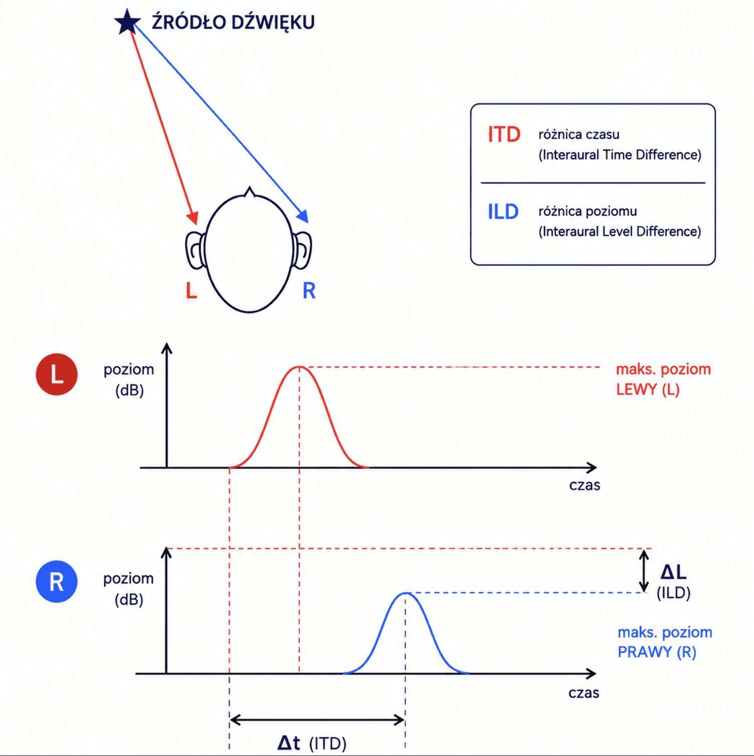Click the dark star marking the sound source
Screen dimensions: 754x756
pos(127,23)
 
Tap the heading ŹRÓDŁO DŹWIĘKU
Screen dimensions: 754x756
pos(233,23)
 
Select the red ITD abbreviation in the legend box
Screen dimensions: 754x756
pos(504,134)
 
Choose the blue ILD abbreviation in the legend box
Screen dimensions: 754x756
pos(503,212)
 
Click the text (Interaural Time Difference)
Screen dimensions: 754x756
pos(620,155)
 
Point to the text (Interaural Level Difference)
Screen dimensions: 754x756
pos(620,232)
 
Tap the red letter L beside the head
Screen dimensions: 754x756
pos(192,291)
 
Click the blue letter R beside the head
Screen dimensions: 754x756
pos(309,291)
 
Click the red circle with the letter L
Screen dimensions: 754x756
pos(57,374)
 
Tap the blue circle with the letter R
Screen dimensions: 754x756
pos(57,582)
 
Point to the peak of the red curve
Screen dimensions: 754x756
pos(299,367)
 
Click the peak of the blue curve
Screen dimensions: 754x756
pos(406,593)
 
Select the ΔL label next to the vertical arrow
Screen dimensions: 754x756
pos(673,572)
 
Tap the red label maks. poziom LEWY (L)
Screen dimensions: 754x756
pos(663,380)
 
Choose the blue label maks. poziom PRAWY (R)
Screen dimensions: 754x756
pos(665,642)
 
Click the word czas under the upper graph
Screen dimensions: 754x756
pos(585,485)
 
